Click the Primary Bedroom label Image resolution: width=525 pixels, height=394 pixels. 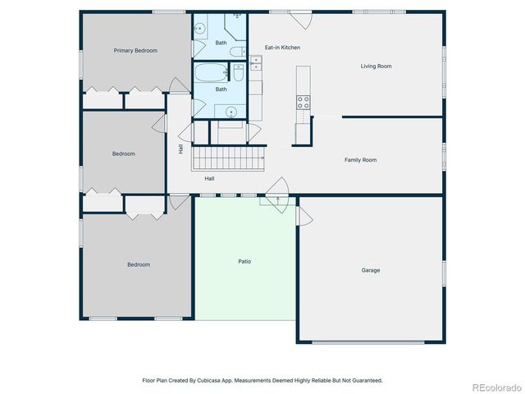point(135,51)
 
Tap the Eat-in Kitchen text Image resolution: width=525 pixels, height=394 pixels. point(282,48)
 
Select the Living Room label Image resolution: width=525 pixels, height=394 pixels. point(376,66)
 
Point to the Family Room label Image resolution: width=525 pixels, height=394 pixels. point(360,160)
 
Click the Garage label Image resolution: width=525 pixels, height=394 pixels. point(371,270)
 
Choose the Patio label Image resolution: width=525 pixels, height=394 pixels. point(245,262)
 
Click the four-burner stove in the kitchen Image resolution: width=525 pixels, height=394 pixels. point(303,103)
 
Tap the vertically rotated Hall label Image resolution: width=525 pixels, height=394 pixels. point(180,149)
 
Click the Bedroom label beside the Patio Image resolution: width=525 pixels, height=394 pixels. point(139,264)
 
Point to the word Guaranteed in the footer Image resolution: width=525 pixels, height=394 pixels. point(365,381)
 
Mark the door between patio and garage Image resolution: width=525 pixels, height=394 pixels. point(304,215)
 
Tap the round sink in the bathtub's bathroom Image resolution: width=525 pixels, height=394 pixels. point(231,110)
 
